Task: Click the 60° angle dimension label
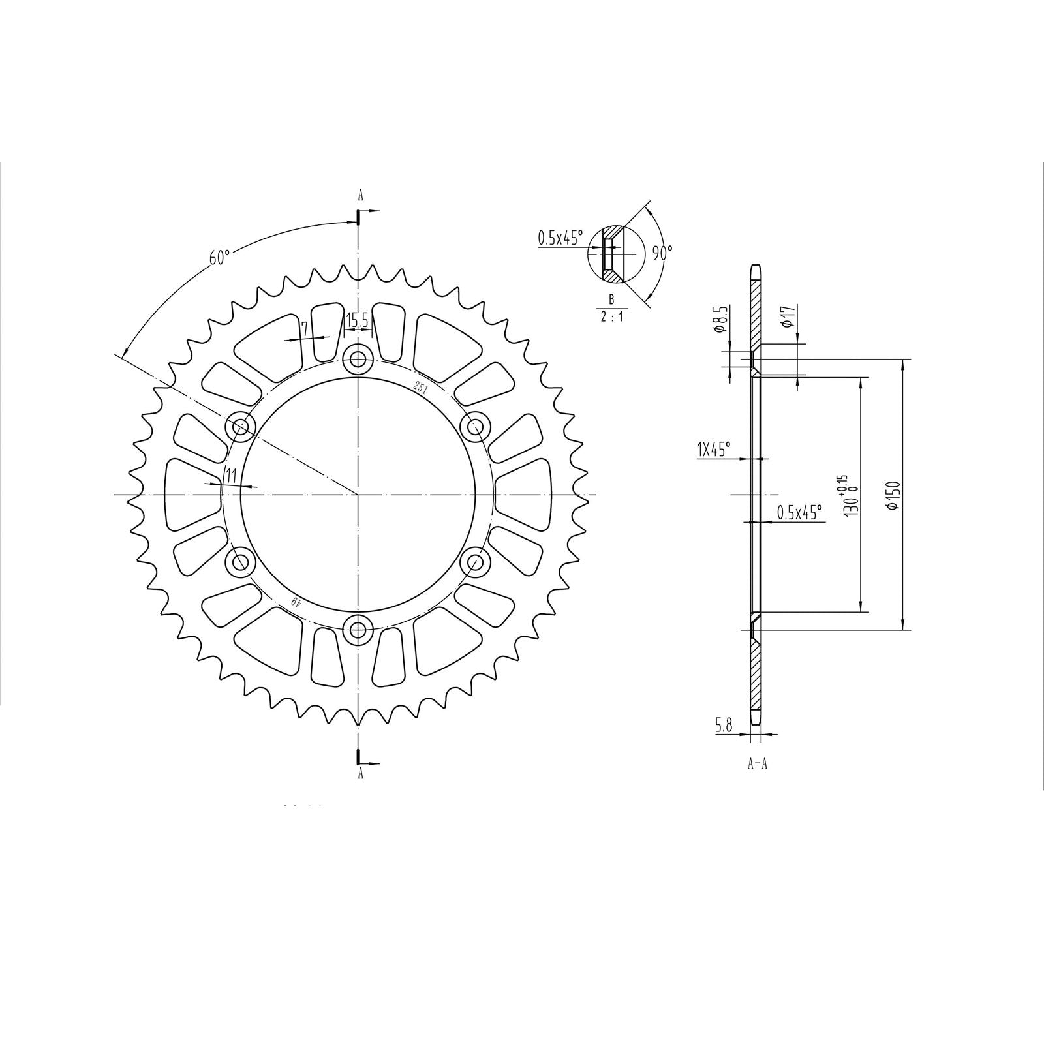point(220,257)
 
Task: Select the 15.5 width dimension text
point(358,320)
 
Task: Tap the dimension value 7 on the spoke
point(304,330)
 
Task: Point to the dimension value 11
point(230,476)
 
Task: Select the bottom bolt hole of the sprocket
point(358,630)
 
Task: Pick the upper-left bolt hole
point(240,427)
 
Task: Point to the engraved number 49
point(296,601)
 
